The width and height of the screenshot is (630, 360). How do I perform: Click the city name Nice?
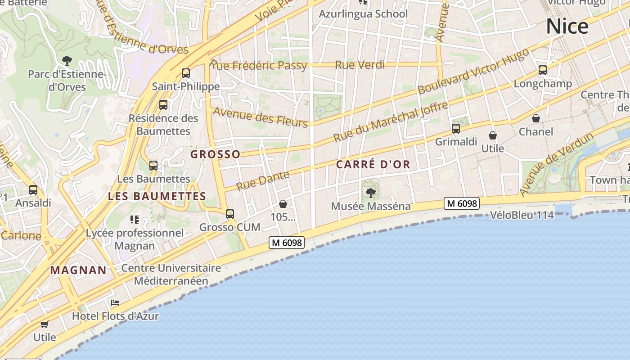pos(567,27)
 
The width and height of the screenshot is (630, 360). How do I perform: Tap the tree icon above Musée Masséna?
pos(371,193)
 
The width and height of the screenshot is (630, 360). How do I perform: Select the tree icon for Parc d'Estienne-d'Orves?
pos(67,60)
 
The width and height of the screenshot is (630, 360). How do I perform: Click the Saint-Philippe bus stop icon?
pos(186,73)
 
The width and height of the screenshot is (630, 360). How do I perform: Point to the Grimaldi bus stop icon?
pos(456,129)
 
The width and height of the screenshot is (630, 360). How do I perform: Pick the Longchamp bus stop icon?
pos(543,71)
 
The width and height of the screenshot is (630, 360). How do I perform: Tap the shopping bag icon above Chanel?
pos(536,119)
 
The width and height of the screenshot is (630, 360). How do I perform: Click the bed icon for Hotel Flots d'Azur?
pos(115,303)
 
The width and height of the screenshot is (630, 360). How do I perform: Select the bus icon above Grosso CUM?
pos(230,214)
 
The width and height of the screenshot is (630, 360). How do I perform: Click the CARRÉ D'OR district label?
pos(373,165)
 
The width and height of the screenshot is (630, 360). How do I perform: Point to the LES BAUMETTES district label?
pos(157,196)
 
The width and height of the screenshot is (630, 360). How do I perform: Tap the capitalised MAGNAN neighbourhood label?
pos(78,270)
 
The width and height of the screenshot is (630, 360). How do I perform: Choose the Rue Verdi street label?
pos(360,65)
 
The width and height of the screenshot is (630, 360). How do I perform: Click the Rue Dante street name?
pos(263,180)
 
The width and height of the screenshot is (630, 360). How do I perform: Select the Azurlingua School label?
pos(363,14)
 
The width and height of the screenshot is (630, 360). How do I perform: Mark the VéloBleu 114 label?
pos(522,215)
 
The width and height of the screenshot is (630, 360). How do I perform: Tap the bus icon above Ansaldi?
pos(33,190)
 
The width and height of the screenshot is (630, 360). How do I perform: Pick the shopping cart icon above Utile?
pos(45,324)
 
